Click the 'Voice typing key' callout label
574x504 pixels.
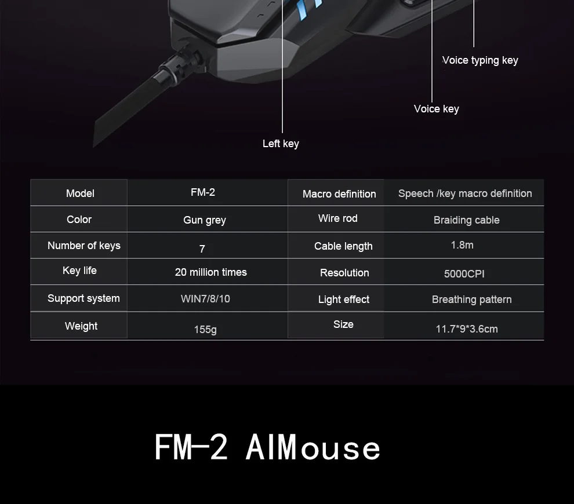[x=480, y=60]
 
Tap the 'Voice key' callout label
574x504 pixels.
[x=437, y=109]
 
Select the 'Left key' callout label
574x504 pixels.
[x=281, y=144]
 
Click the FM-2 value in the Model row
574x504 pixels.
[x=203, y=192]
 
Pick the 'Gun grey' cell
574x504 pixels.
[x=205, y=220]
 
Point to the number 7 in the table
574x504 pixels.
[x=202, y=249]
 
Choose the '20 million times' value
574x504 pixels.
[x=211, y=272]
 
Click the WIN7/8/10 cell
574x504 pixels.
[x=205, y=299]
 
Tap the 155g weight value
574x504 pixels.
[x=205, y=330]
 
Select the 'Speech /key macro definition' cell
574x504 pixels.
[x=465, y=193]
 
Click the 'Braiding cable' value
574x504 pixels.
[x=466, y=220]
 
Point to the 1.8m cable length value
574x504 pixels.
[x=462, y=245]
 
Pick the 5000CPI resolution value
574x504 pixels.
[x=464, y=274]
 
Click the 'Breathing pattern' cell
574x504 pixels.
[x=471, y=300]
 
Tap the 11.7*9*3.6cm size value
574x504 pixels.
[x=467, y=329]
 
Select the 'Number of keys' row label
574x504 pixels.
[x=84, y=246]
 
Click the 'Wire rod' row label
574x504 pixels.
[x=338, y=218]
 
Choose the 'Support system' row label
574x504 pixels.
[x=83, y=298]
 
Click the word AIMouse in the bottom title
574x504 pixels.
[x=313, y=447]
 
